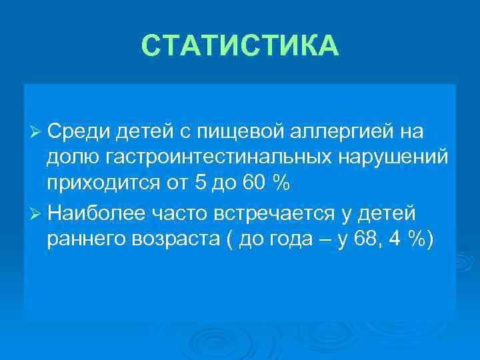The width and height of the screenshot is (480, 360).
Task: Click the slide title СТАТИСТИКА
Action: point(240,46)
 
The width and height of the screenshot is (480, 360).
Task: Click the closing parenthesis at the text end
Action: point(430,240)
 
